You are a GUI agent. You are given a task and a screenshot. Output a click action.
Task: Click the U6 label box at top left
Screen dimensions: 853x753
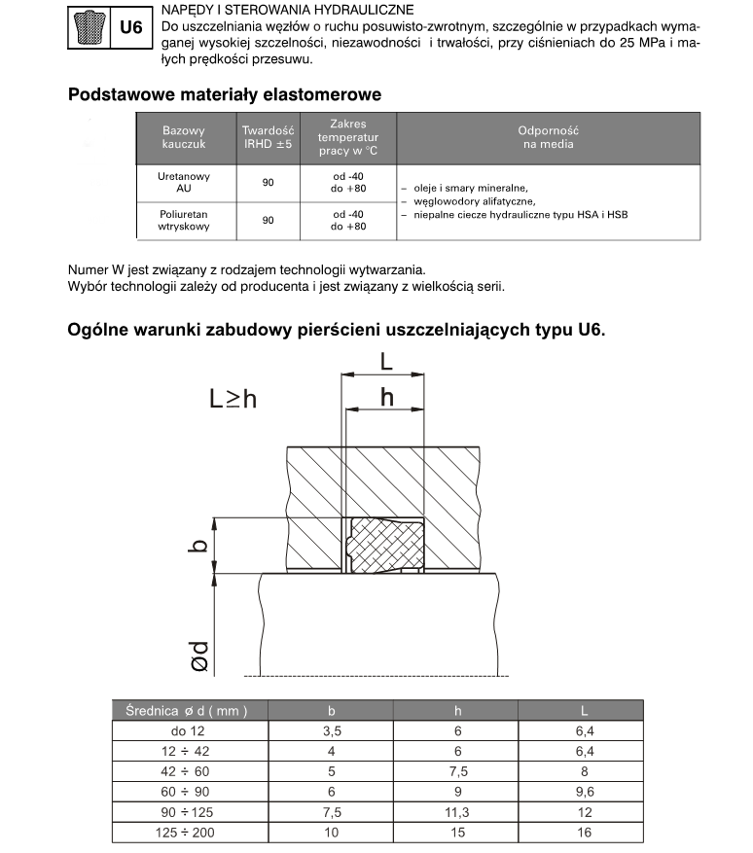(130, 28)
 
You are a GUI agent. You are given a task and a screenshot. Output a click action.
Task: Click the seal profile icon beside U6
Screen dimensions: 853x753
(88, 28)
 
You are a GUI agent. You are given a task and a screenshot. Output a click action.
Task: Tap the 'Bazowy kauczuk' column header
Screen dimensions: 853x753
(184, 137)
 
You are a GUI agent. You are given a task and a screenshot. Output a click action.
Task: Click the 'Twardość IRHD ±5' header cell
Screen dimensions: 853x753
(269, 137)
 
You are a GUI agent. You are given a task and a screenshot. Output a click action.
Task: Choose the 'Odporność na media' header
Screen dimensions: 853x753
(549, 137)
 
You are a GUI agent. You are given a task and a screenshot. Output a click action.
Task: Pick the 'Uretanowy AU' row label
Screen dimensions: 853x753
(184, 184)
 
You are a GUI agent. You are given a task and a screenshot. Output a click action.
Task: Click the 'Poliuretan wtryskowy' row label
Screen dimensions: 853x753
(184, 219)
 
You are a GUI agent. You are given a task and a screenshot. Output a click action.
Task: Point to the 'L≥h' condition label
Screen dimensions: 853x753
(233, 398)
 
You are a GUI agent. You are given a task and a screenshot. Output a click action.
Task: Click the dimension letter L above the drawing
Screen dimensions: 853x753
(385, 363)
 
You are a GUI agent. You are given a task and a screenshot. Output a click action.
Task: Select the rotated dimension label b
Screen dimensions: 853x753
(198, 546)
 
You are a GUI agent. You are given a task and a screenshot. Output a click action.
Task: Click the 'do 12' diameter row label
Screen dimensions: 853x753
(188, 731)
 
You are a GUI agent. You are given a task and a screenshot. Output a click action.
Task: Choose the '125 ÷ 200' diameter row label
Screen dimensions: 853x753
(188, 834)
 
